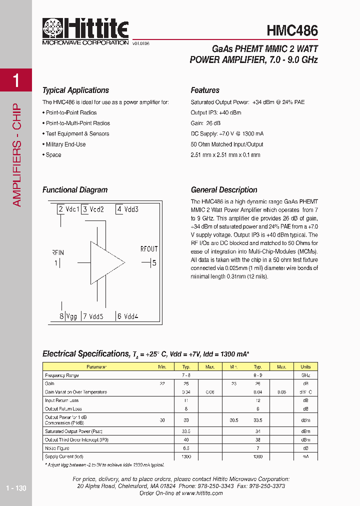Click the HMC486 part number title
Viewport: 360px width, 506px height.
[x=292, y=31]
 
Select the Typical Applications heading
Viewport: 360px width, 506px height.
[x=75, y=90]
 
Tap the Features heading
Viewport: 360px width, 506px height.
[x=205, y=90]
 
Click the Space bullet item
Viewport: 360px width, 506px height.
[x=52, y=155]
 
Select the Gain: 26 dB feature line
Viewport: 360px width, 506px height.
[x=205, y=123]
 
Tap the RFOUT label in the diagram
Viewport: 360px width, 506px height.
[x=149, y=249]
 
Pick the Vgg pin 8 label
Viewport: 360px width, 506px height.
[x=68, y=316]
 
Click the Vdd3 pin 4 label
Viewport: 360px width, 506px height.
[x=127, y=209]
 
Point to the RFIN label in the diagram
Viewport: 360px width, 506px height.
[x=57, y=252]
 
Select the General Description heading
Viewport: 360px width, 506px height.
[x=224, y=190]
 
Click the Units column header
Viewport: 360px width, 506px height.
[x=305, y=366]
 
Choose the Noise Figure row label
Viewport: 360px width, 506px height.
[x=57, y=448]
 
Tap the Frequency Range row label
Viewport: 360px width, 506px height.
[x=62, y=375]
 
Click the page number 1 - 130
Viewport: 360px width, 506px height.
[x=16, y=488]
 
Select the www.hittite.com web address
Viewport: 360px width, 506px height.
[x=202, y=493]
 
